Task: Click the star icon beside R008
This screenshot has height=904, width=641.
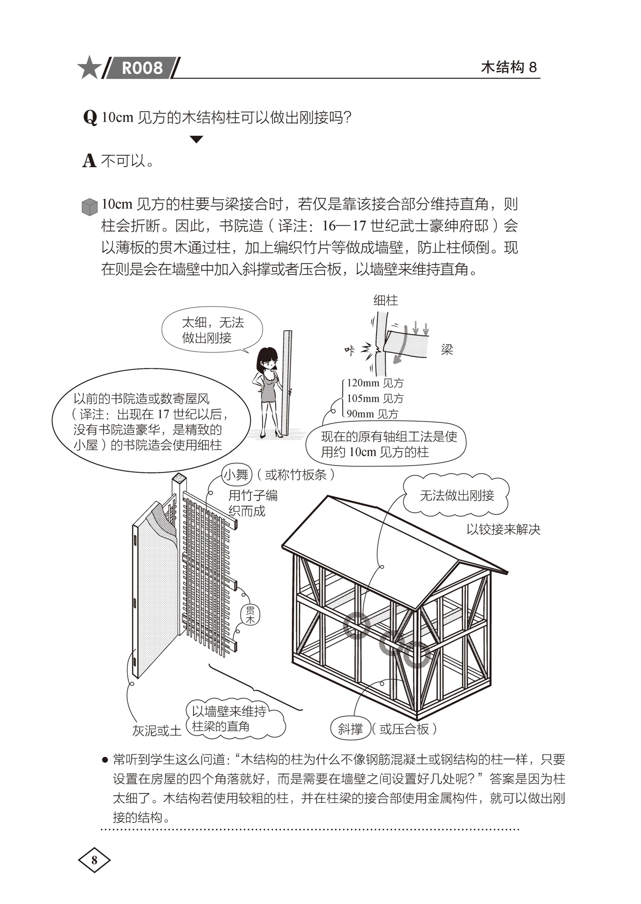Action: click(x=89, y=67)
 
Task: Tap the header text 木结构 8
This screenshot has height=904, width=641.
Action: click(x=509, y=67)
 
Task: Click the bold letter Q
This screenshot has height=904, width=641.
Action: click(x=90, y=118)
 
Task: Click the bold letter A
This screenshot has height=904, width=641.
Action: click(x=89, y=161)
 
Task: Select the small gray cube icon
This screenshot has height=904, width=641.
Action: click(x=89, y=207)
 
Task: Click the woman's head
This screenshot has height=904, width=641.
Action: click(x=267, y=360)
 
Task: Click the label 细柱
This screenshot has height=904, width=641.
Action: click(x=385, y=301)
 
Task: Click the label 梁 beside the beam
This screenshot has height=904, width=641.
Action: click(x=447, y=350)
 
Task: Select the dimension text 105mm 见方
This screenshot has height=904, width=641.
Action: click(x=375, y=399)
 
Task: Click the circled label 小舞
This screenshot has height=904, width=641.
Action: click(x=237, y=475)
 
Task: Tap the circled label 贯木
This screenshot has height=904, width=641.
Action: click(x=250, y=615)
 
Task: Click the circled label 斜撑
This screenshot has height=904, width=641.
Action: click(x=350, y=729)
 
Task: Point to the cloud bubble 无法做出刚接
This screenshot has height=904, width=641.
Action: click(x=456, y=496)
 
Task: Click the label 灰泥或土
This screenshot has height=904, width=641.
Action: click(x=157, y=731)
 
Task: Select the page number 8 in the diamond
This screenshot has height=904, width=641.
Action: click(x=94, y=860)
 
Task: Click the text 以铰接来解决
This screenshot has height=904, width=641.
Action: click(x=503, y=530)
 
